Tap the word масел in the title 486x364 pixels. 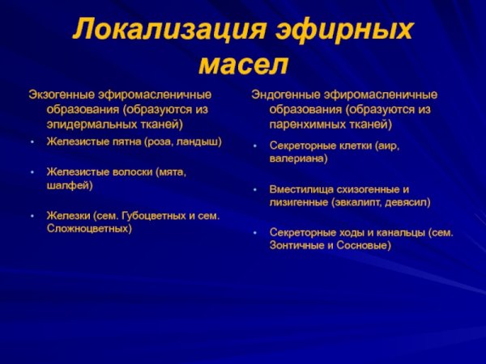pos(242,64)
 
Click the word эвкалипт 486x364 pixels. pos(361,201)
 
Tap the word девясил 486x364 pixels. pos(408,201)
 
